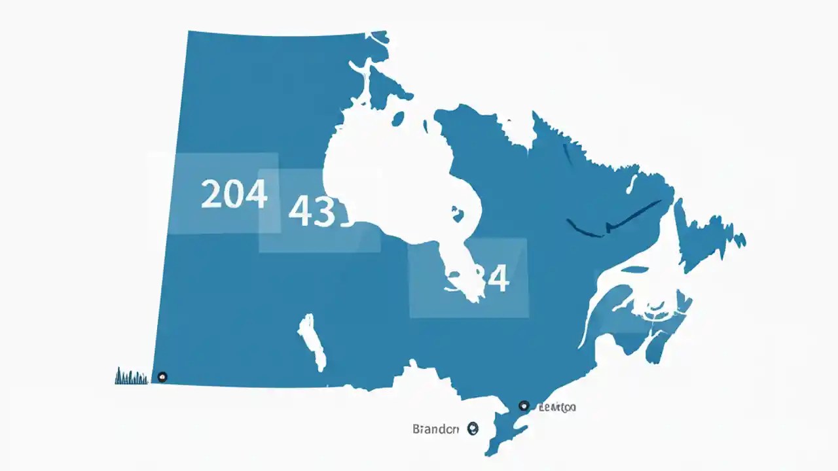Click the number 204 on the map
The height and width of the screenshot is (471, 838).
pos(234,194)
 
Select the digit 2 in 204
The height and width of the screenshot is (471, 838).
pos(211,194)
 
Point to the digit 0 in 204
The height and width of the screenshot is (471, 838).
pos(234,194)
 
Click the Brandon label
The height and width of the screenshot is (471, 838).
pos(435,429)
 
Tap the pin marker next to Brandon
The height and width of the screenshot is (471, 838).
pos(473,428)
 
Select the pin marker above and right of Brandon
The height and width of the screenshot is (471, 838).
pos(522,406)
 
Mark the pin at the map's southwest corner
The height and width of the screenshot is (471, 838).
pos(162,376)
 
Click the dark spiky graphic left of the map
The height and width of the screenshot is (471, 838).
pos(131,376)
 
